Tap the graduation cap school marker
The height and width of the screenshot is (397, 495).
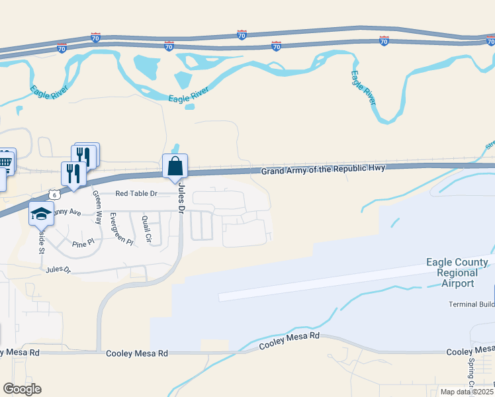coord(41,213)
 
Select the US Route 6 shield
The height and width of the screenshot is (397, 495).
coord(52,195)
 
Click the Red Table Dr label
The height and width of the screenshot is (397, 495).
coord(136,194)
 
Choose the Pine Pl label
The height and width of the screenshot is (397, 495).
coord(84,244)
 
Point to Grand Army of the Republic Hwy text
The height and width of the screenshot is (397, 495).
coord(312,171)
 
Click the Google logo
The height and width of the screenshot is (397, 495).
coord(22,389)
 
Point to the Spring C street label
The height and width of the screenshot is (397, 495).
coord(472,373)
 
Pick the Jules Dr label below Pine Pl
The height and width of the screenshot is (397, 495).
coord(58,270)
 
